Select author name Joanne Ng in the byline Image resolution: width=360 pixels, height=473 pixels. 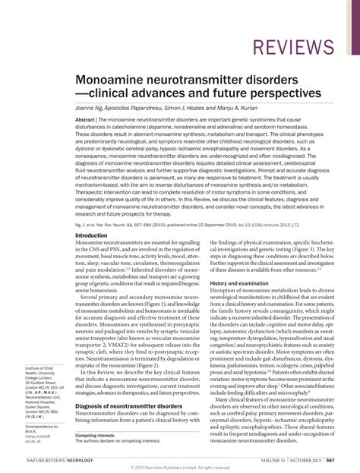tap(91, 108)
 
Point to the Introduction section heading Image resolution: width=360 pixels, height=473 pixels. tap(91, 236)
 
